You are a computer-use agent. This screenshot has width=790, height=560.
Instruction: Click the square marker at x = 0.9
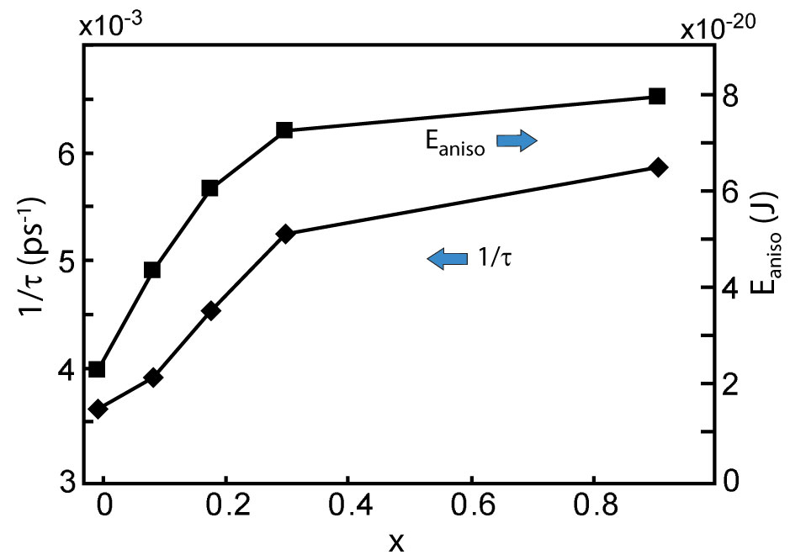[658, 96]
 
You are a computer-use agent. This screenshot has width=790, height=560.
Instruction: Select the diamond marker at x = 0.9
[658, 167]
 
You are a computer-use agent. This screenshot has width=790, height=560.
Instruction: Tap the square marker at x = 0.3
[284, 130]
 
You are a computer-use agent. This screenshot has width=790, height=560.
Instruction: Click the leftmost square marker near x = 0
[97, 369]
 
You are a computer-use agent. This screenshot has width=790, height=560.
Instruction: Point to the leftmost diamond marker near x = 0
[98, 409]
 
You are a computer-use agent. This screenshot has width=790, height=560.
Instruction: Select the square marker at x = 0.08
[152, 270]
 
